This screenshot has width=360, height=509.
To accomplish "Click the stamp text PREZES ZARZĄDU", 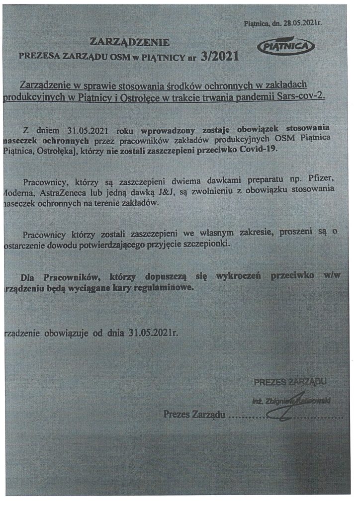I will (290, 382).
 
